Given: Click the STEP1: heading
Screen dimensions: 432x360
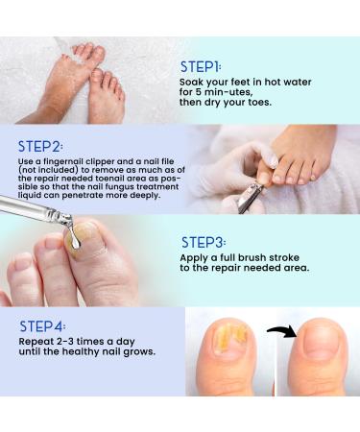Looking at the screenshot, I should (201, 67).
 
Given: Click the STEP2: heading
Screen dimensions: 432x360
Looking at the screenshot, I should (41, 146).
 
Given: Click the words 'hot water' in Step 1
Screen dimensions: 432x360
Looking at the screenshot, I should (285, 87).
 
